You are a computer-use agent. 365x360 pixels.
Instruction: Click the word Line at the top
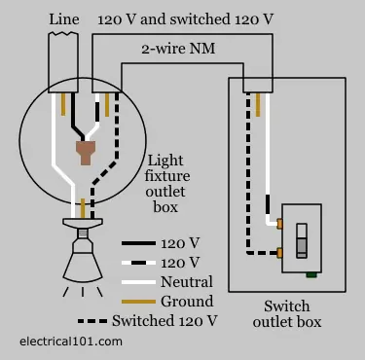[x=65, y=18]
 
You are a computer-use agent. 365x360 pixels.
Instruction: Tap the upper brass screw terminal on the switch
[x=279, y=226]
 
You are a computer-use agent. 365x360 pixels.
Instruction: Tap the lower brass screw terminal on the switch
[x=279, y=254]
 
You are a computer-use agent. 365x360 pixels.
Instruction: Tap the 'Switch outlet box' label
[x=286, y=313]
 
